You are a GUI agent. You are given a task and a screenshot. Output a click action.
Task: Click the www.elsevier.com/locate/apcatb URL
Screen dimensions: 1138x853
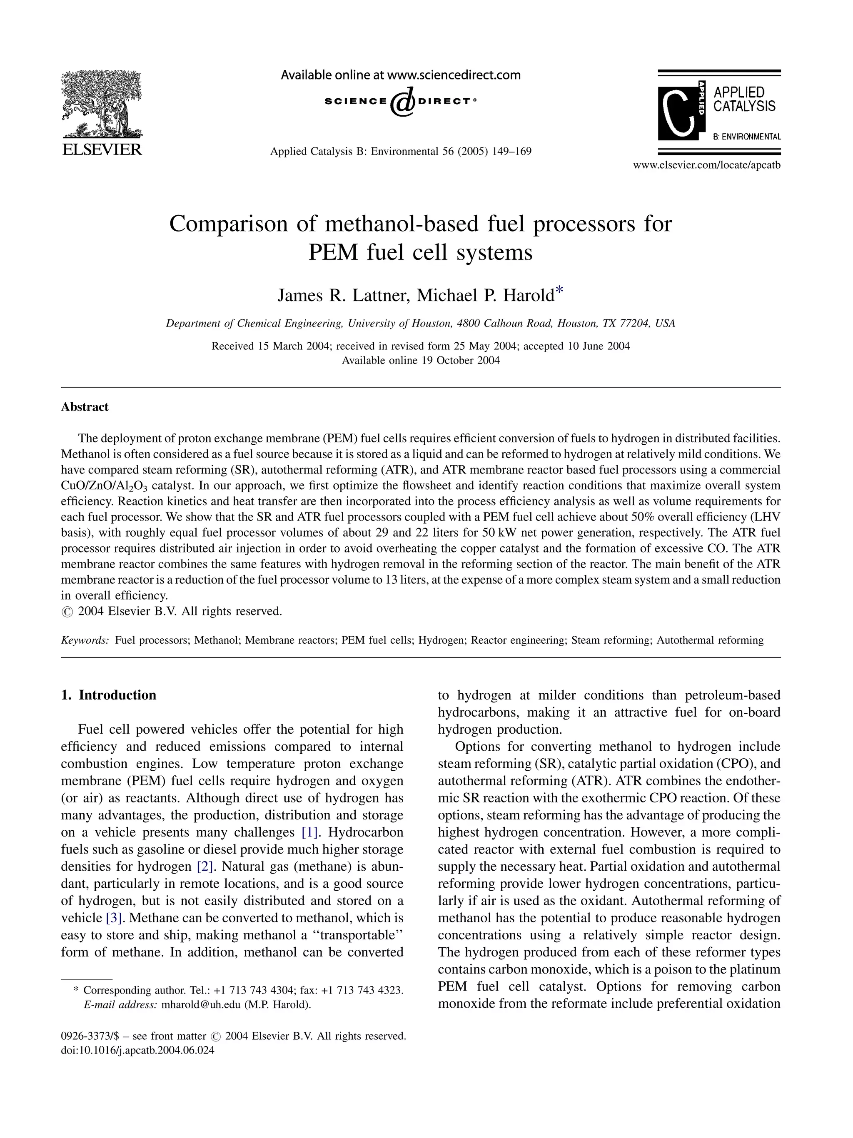pyautogui.click(x=706, y=165)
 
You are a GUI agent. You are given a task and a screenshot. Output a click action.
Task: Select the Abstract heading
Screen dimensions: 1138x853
pyautogui.click(x=85, y=407)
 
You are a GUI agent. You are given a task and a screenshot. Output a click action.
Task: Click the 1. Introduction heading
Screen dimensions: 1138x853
pyautogui.click(x=109, y=695)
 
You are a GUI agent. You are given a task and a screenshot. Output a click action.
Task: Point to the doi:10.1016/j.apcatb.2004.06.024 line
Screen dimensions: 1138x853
pyautogui.click(x=137, y=1051)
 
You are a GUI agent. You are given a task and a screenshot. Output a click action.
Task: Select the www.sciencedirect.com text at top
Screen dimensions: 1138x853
pyautogui.click(x=453, y=75)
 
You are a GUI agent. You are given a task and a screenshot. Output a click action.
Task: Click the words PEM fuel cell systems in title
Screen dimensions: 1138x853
pyautogui.click(x=420, y=253)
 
